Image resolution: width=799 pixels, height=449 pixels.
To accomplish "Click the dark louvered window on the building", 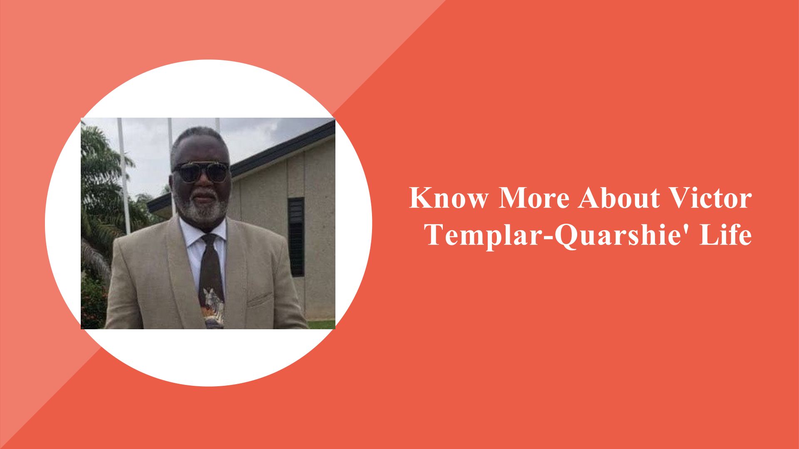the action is pyautogui.click(x=296, y=237).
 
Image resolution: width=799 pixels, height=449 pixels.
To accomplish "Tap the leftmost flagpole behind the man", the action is pyautogui.click(x=124, y=175).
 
